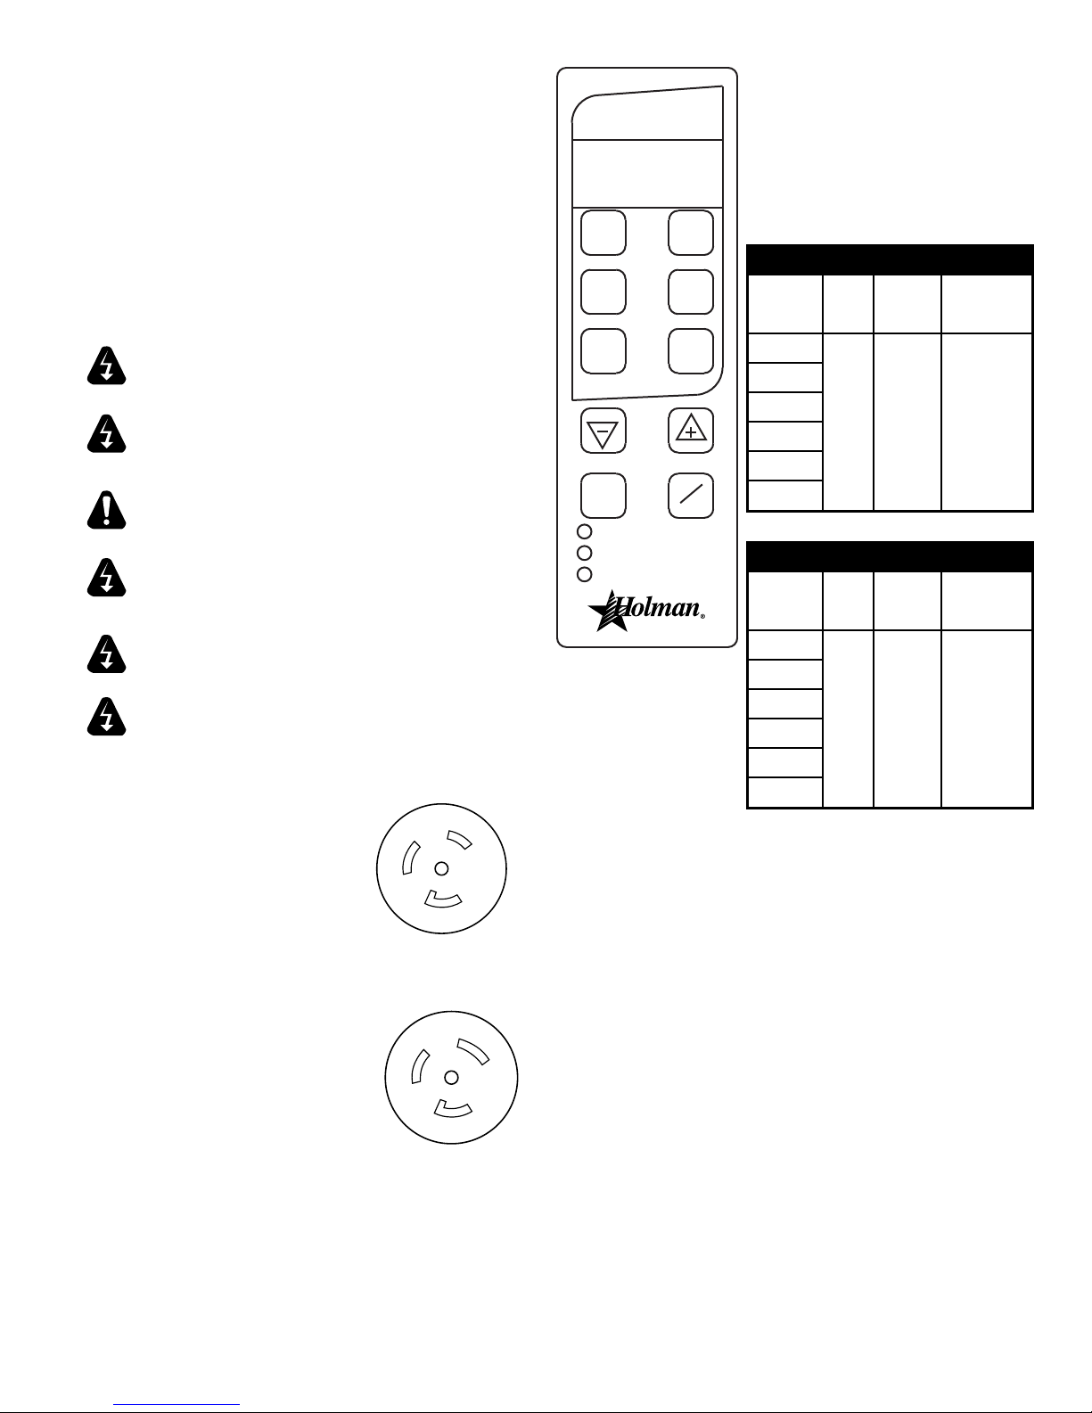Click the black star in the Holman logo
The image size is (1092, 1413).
tap(609, 612)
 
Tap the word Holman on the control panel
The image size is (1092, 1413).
tap(658, 607)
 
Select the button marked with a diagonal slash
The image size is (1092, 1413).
tap(691, 496)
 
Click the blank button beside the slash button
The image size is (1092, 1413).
tap(603, 496)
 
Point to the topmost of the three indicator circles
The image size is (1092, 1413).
tap(585, 532)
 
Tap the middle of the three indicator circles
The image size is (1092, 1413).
tap(585, 554)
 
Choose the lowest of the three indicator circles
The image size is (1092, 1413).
tap(585, 575)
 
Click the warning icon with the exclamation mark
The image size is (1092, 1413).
tap(107, 510)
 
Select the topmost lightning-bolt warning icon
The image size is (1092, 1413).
tap(107, 366)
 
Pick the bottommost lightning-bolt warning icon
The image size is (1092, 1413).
tap(107, 717)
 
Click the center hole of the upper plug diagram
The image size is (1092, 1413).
tap(441, 868)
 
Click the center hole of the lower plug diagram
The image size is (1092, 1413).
tap(451, 1078)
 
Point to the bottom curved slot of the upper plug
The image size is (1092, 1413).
tap(443, 900)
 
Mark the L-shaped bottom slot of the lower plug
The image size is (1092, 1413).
tap(453, 1110)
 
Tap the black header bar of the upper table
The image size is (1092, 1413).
tap(890, 260)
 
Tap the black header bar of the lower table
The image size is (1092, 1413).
tap(890, 556)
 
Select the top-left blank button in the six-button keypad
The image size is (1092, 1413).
tap(603, 233)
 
